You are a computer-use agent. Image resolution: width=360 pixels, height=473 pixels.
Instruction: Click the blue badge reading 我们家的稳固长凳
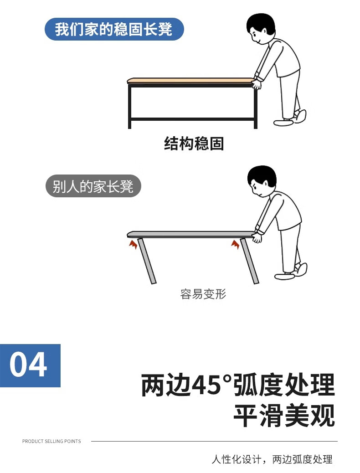(114, 29)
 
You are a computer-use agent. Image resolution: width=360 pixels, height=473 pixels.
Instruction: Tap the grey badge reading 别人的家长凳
(93, 186)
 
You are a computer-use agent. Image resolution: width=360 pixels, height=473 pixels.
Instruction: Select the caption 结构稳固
(194, 144)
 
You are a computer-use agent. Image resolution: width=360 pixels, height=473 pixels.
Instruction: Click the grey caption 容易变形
(203, 294)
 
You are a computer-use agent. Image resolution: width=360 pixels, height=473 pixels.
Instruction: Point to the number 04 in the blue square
(28, 365)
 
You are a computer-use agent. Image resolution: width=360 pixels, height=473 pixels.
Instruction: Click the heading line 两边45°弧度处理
(238, 385)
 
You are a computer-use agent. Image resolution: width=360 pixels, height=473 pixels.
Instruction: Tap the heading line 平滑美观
(284, 416)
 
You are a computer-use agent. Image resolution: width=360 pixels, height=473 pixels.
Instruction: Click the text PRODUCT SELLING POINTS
(51, 441)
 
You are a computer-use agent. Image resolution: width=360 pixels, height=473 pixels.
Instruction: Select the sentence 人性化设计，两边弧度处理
(272, 459)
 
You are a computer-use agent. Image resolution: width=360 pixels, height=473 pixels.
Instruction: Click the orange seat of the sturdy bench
(191, 81)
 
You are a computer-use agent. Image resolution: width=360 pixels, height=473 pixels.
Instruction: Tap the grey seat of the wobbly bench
(191, 234)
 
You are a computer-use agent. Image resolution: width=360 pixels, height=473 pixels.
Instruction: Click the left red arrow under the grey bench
(133, 244)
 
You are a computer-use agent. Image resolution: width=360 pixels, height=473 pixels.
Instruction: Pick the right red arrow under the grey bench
(236, 244)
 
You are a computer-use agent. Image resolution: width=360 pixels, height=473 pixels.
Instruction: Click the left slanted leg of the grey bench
(147, 261)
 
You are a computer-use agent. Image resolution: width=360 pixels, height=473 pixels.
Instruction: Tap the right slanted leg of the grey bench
(250, 261)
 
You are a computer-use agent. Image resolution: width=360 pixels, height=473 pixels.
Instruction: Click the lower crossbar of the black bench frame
(193, 119)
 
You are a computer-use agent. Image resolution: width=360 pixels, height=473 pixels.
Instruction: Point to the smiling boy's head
(260, 28)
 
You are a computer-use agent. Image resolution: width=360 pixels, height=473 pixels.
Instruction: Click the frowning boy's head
(261, 181)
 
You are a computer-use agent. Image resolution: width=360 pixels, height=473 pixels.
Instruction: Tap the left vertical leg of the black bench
(130, 106)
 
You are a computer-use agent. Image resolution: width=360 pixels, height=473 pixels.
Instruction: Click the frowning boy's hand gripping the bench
(257, 236)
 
